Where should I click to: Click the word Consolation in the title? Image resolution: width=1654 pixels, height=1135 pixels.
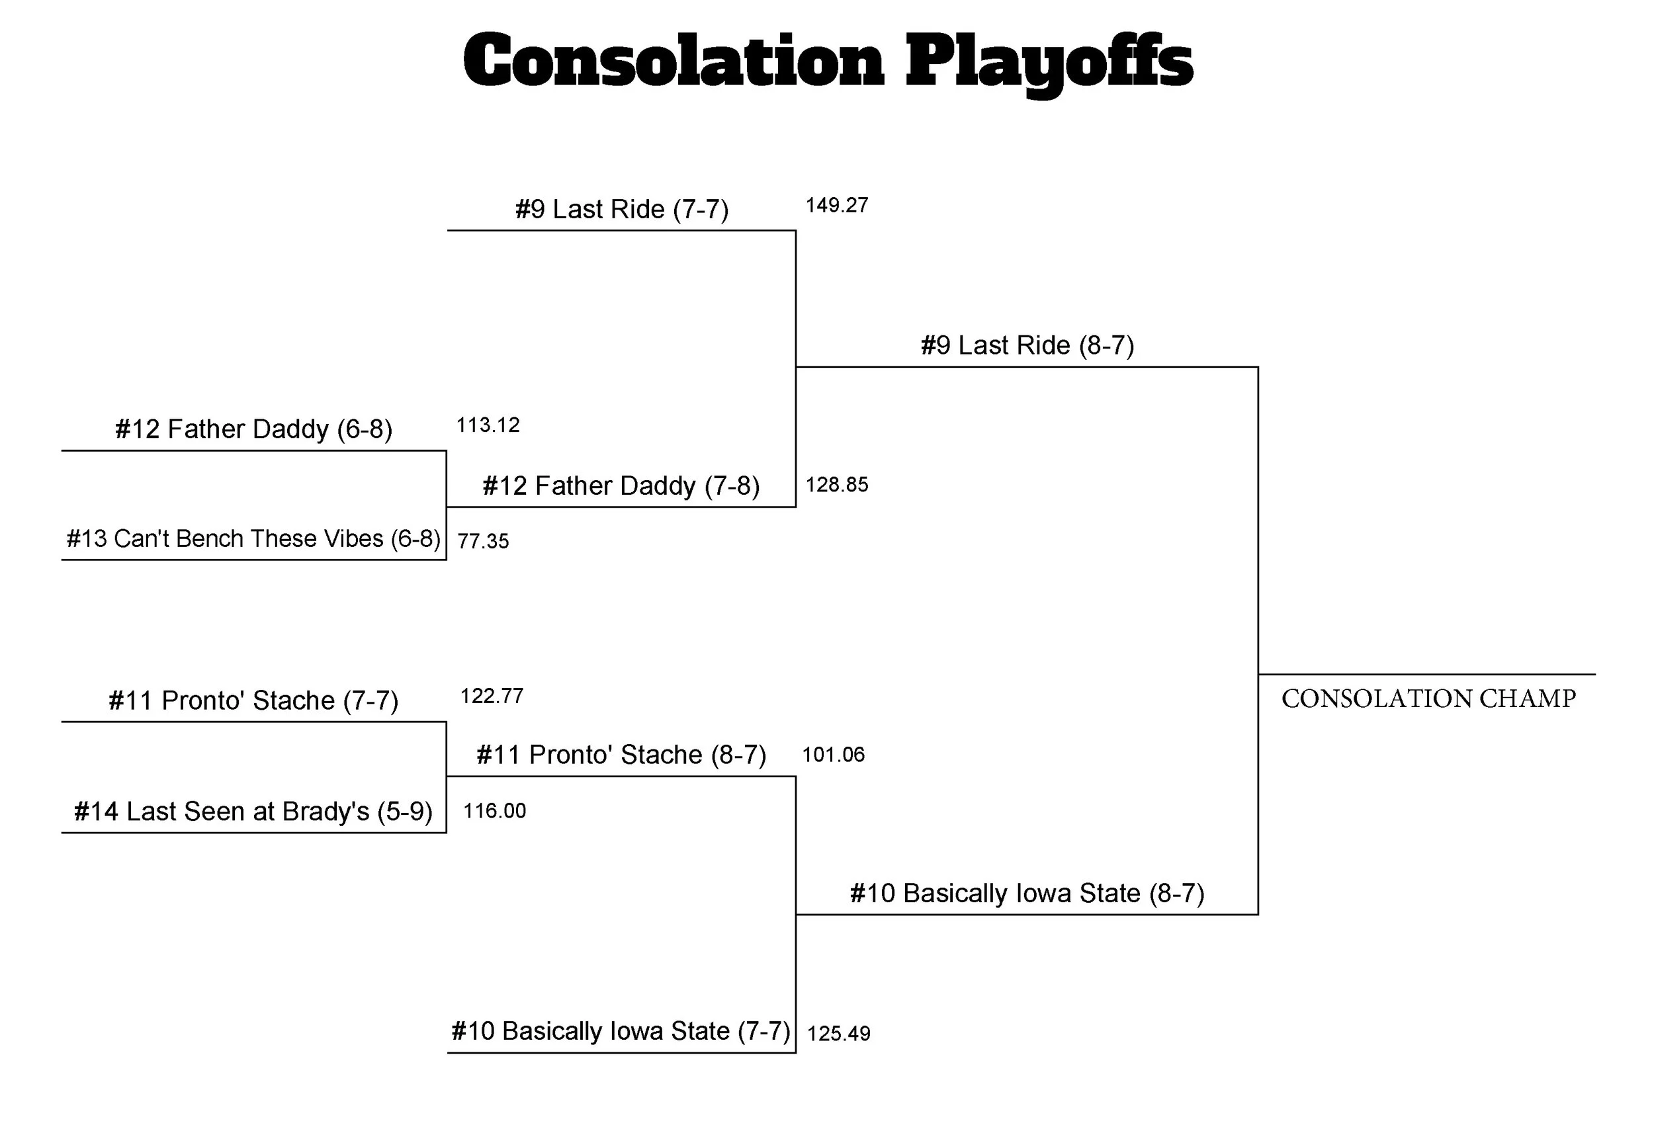673,62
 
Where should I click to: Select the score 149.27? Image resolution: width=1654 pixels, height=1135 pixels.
836,206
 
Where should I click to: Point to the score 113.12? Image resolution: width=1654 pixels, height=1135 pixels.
488,425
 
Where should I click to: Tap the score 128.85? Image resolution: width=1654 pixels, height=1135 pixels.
836,485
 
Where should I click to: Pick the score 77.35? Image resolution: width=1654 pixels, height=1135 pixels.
483,542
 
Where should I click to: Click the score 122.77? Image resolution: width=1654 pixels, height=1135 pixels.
492,696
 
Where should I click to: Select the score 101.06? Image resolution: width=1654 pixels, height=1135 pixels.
834,755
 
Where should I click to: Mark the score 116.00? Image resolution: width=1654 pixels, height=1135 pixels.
495,811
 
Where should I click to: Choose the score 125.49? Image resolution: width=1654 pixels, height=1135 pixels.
838,1034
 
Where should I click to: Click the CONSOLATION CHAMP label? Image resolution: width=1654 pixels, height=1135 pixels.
1428,700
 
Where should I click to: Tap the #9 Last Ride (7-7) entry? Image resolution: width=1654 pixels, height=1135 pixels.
621,210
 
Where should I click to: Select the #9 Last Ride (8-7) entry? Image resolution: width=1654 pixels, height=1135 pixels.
1027,346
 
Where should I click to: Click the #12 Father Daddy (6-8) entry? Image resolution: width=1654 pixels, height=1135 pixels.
253,430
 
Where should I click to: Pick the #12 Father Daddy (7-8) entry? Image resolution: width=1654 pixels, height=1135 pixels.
621,486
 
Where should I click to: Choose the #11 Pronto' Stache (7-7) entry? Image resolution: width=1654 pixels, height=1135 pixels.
253,701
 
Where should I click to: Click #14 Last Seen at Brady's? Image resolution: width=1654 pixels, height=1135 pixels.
253,812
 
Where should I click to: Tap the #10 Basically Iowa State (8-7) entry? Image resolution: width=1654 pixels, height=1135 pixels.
1027,894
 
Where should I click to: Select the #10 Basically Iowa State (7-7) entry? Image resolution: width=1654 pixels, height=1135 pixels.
621,1032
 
